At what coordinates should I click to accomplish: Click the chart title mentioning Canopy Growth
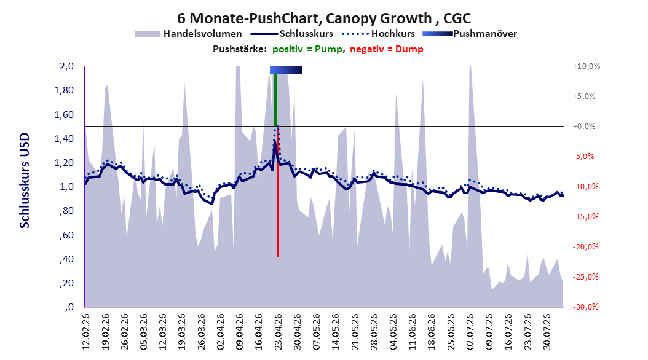(324, 18)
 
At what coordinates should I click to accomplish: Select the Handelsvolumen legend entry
(189, 34)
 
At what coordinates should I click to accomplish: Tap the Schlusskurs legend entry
(292, 34)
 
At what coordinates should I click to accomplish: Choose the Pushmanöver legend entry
(470, 34)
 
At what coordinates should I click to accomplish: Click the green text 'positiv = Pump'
(307, 49)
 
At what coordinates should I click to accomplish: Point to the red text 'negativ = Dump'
(387, 49)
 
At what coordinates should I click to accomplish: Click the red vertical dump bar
(278, 192)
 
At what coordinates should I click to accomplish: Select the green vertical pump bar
(275, 100)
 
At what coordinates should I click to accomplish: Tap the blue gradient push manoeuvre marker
(285, 70)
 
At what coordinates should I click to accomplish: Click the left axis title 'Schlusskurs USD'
(25, 181)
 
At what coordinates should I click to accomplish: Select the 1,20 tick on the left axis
(64, 163)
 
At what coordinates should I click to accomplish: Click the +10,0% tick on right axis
(587, 66)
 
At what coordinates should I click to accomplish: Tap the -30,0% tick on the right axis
(585, 307)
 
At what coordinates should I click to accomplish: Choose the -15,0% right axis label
(585, 216)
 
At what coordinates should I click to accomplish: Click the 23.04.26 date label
(278, 332)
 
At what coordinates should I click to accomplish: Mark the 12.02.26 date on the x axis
(86, 332)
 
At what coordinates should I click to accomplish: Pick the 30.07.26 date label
(547, 332)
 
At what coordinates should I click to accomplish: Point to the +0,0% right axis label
(584, 127)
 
